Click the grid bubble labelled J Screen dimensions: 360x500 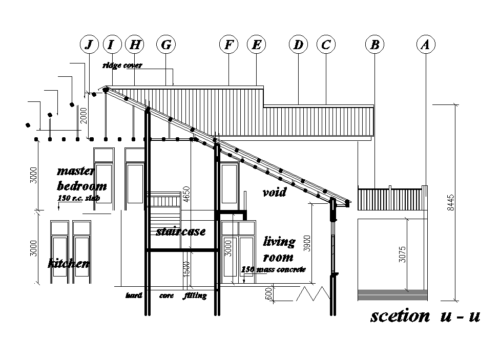tap(90, 45)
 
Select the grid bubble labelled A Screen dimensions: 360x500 tap(425, 45)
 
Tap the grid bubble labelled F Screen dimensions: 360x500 tap(228, 45)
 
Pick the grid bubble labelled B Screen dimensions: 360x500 tap(374, 45)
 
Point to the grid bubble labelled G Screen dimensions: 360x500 tap(165, 45)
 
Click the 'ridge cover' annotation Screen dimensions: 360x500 tap(122, 66)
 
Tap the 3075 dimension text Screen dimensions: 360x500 tap(402, 255)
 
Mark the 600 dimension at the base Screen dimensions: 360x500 tap(268, 293)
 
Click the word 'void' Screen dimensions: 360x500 tap(274, 193)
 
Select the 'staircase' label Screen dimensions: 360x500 tap(180, 231)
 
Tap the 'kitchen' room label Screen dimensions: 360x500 tap(69, 264)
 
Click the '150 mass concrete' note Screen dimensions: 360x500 tap(274, 269)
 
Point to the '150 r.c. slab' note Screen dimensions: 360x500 tap(78, 197)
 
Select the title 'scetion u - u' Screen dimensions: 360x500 tap(425, 316)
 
